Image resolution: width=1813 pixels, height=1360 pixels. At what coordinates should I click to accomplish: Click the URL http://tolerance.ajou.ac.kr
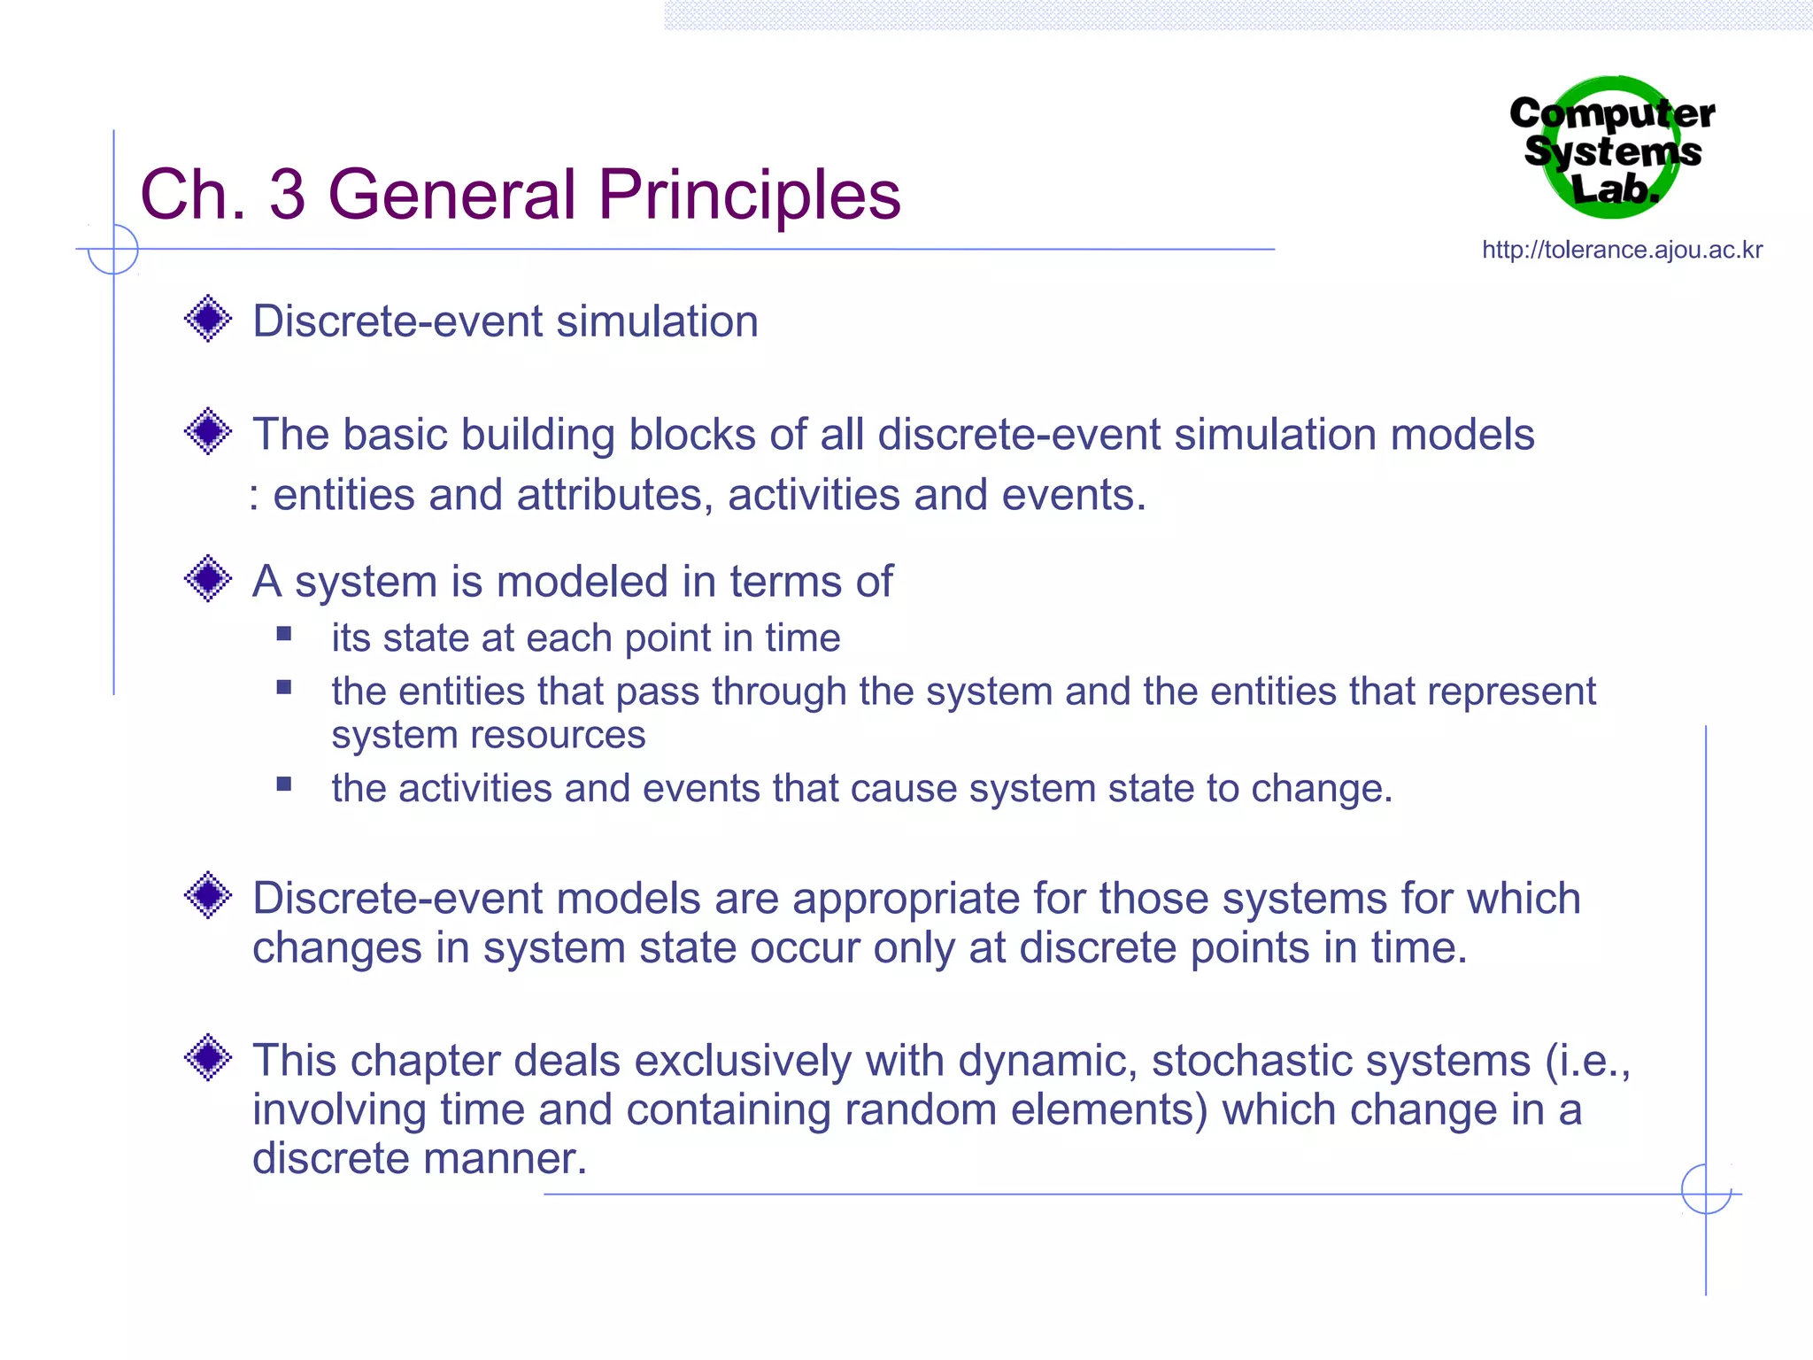[1622, 251]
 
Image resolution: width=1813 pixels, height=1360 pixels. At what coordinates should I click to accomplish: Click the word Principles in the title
[749, 196]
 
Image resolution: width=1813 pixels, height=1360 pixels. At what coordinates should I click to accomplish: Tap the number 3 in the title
[288, 196]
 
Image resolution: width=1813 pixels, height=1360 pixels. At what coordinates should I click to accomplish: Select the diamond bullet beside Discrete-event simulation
[208, 319]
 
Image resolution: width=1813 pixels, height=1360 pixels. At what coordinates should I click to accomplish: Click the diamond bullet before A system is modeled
[208, 579]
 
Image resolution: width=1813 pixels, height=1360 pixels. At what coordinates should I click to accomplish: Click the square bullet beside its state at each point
[284, 633]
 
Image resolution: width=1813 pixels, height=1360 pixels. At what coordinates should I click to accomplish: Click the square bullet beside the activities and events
[284, 784]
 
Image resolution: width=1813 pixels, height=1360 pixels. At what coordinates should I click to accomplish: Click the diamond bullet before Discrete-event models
[208, 895]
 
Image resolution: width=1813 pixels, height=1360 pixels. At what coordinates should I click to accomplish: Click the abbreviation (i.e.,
[1587, 1062]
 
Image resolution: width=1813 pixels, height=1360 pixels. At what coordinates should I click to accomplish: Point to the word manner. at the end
[520, 1159]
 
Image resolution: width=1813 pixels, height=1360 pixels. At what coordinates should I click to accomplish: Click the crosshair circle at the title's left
[113, 249]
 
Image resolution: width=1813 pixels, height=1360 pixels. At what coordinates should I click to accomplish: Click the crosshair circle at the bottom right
[1706, 1189]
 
